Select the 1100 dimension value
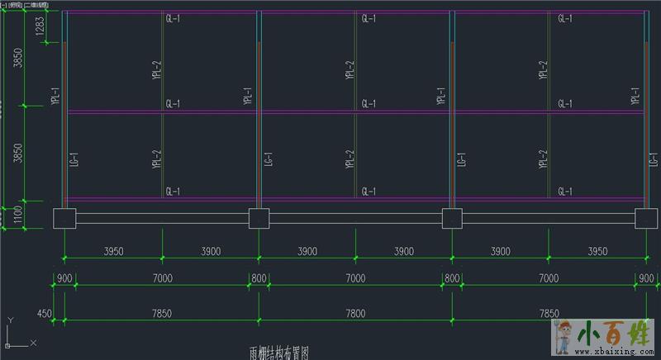click(x=17, y=216)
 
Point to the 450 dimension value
click(x=45, y=314)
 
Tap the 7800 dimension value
click(x=354, y=314)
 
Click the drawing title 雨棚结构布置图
click(x=278, y=353)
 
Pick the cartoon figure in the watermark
click(x=567, y=336)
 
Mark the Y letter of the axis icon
click(x=9, y=320)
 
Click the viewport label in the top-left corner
click(x=25, y=5)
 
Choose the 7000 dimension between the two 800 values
click(x=354, y=279)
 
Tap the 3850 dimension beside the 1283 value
click(x=17, y=60)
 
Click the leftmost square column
click(x=64, y=219)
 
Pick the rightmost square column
click(x=646, y=219)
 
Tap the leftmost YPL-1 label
click(x=56, y=97)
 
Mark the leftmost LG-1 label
click(x=74, y=159)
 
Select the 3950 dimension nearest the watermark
click(x=597, y=251)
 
